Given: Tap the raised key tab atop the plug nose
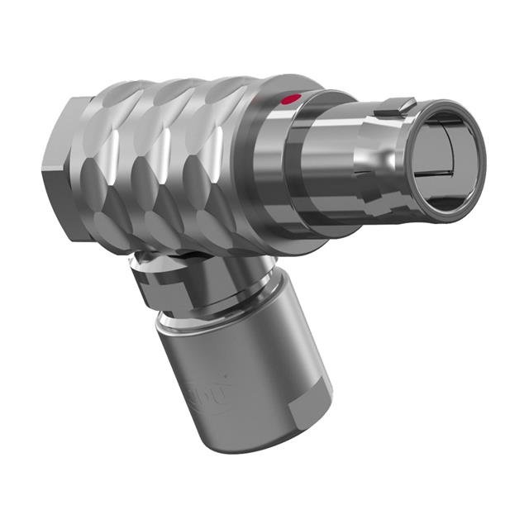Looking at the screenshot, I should coord(395,107).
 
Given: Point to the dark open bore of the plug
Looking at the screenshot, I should coord(444,159).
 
